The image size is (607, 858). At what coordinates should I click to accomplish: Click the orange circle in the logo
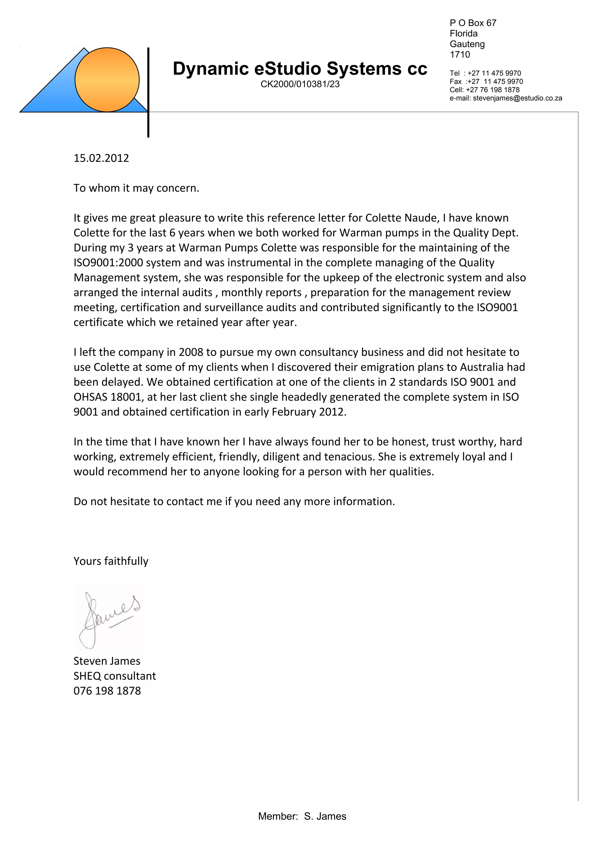(x=107, y=80)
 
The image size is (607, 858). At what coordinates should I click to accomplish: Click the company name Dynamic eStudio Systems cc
(x=300, y=69)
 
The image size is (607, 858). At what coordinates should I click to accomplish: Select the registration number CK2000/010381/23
(x=300, y=84)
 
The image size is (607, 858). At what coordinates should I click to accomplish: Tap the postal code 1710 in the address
(x=460, y=54)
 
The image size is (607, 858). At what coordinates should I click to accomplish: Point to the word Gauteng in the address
(x=467, y=44)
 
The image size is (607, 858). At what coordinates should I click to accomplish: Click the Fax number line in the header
(x=486, y=81)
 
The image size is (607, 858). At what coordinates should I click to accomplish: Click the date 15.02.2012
(x=101, y=158)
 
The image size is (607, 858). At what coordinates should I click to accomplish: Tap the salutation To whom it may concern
(x=136, y=188)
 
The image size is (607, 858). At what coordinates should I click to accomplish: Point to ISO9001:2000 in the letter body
(x=108, y=263)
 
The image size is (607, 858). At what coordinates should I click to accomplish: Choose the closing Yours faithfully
(x=111, y=561)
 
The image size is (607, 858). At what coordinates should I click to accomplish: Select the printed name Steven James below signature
(x=107, y=661)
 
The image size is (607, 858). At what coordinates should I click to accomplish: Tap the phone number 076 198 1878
(x=107, y=691)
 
